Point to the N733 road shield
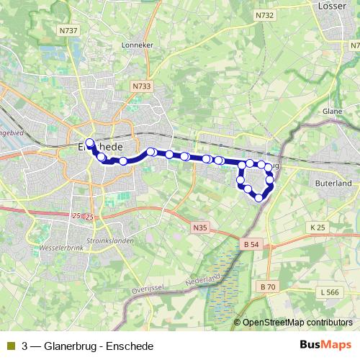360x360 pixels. [x=142, y=86]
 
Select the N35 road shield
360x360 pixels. [x=200, y=228]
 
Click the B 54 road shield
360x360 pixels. [x=250, y=245]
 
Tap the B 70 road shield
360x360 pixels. [x=268, y=287]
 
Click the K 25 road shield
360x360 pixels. [x=318, y=228]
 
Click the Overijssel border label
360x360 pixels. [x=148, y=289]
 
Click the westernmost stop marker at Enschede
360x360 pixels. [x=90, y=143]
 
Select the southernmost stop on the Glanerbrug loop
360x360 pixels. [x=258, y=197]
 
